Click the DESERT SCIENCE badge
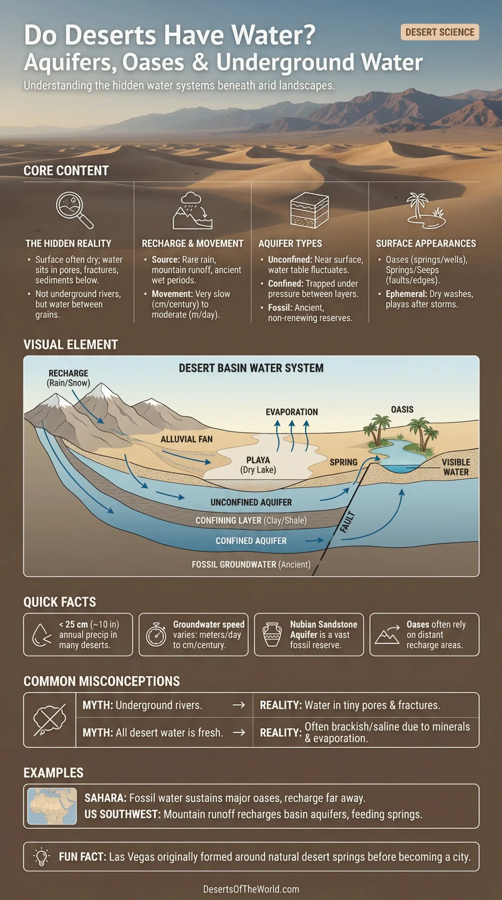click(439, 32)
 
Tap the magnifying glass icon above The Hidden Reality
click(74, 210)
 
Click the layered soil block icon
click(309, 210)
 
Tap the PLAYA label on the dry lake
click(258, 460)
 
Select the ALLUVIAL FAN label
click(186, 439)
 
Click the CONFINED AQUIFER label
click(251, 541)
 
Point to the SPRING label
click(343, 462)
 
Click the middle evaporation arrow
click(292, 435)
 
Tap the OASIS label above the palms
click(402, 409)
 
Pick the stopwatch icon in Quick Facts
click(156, 634)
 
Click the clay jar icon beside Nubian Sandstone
click(272, 634)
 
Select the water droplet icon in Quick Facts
click(41, 635)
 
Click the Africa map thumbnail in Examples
click(52, 806)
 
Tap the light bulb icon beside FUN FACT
click(41, 856)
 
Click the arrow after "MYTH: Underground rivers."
click(238, 705)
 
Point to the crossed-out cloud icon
click(50, 720)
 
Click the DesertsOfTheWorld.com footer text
click(251, 889)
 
